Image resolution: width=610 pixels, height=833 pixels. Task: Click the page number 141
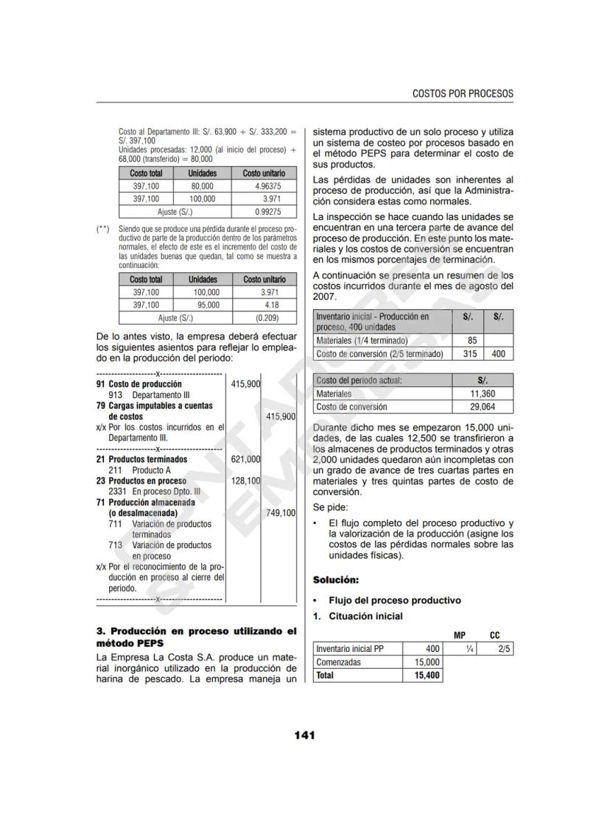point(305,734)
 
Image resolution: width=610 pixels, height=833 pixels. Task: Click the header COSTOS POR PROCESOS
point(463,93)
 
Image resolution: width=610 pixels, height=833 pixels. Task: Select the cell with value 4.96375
point(263,186)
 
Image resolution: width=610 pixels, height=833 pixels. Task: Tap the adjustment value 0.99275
point(263,212)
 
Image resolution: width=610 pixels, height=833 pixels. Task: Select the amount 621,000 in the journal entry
point(245,459)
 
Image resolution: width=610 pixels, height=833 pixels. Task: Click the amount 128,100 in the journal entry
point(245,481)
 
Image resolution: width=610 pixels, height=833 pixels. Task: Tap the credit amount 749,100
point(280,512)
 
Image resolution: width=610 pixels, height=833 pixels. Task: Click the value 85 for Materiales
point(471,341)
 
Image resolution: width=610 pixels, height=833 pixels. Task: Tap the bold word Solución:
point(336,579)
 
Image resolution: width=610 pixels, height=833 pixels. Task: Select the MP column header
point(459,635)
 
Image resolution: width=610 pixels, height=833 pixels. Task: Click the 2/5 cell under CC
point(504,648)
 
